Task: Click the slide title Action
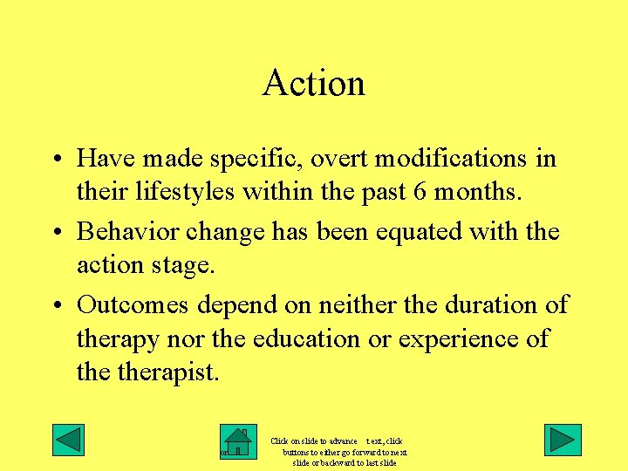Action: click(x=313, y=84)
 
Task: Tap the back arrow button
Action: click(x=68, y=440)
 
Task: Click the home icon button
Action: click(x=237, y=442)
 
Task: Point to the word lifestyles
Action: click(x=184, y=190)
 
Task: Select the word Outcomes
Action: click(x=133, y=305)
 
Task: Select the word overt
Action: click(x=313, y=159)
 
